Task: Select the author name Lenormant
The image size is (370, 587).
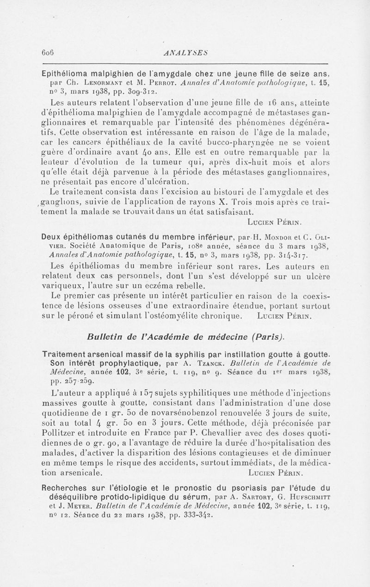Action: (x=99, y=84)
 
